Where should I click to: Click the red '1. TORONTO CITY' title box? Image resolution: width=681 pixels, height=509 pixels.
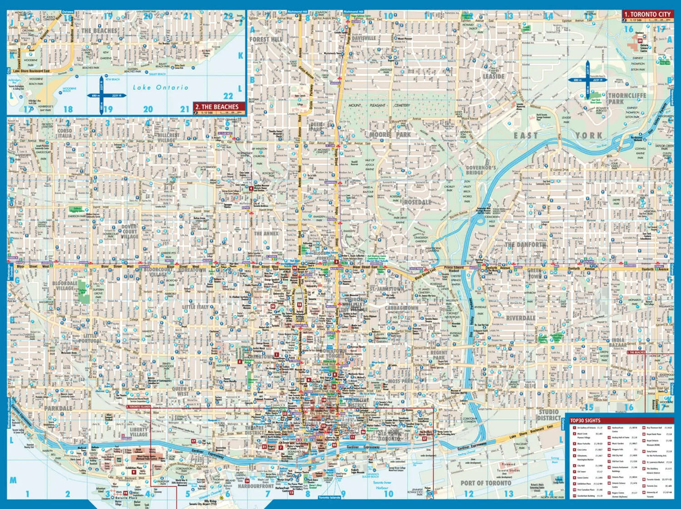(647, 15)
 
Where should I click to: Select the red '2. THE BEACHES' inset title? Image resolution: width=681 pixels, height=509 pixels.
(219, 107)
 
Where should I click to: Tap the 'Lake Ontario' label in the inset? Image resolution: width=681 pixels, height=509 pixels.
(160, 87)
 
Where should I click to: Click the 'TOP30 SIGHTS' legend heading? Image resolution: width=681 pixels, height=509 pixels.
(585, 421)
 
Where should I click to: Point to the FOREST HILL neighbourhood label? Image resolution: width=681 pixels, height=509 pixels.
(266, 39)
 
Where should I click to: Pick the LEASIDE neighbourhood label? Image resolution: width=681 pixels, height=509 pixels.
(493, 76)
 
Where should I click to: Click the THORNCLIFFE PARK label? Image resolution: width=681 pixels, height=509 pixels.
(627, 98)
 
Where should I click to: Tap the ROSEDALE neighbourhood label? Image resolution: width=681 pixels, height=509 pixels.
(417, 202)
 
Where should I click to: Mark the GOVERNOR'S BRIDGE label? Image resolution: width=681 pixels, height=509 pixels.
(481, 170)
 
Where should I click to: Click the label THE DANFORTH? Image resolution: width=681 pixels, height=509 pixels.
(525, 245)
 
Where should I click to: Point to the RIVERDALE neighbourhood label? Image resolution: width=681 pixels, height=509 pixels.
(521, 318)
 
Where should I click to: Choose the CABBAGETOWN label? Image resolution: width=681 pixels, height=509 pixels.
(401, 308)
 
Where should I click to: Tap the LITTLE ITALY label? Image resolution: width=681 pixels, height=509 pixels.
(196, 307)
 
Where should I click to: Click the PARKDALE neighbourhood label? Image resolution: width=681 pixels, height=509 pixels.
(58, 408)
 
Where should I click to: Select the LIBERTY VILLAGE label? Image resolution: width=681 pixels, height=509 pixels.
(139, 431)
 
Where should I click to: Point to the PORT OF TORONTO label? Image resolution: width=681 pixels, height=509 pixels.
(486, 483)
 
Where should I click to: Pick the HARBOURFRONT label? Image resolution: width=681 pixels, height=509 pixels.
(256, 486)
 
